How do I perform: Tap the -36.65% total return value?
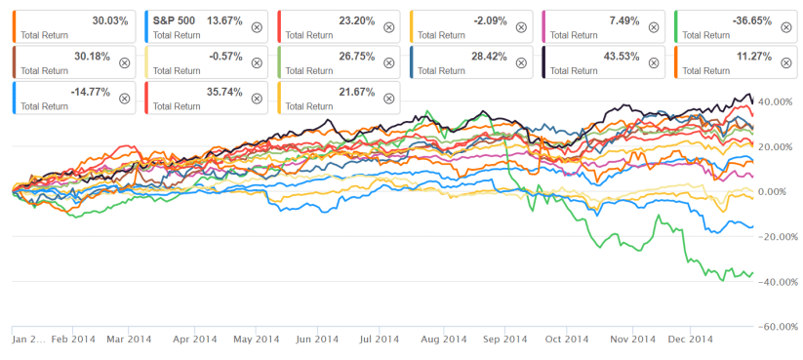tap(765, 20)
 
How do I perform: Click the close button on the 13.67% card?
tap(256, 27)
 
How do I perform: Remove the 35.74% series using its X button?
tap(256, 98)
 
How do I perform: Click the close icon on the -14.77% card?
tap(124, 98)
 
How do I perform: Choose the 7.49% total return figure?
tap(632, 20)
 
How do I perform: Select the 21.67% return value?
tap(369, 91)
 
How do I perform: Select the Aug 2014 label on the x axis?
tap(443, 340)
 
